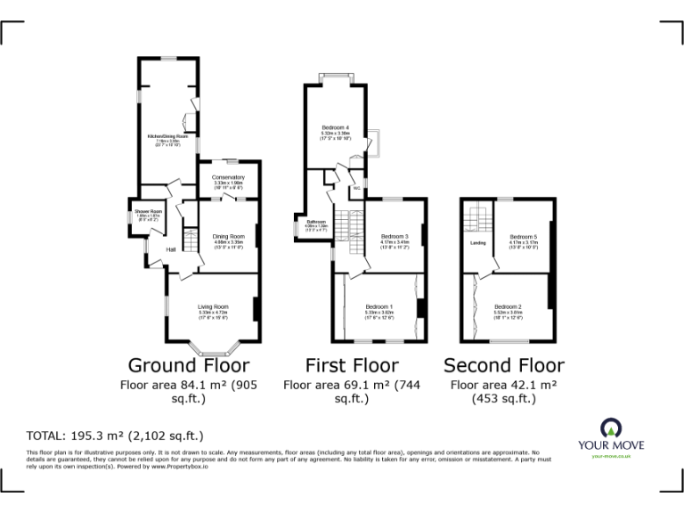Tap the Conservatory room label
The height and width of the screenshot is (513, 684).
(228, 177)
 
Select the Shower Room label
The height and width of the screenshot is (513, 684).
(148, 211)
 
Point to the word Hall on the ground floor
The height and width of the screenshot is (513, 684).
(170, 249)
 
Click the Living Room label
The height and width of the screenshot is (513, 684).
(213, 307)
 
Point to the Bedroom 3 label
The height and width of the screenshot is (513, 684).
(395, 236)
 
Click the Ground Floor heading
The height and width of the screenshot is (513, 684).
(189, 365)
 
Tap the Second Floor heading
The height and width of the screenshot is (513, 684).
(503, 365)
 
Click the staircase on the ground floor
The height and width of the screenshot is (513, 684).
(189, 240)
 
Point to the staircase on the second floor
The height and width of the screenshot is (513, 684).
(478, 216)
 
